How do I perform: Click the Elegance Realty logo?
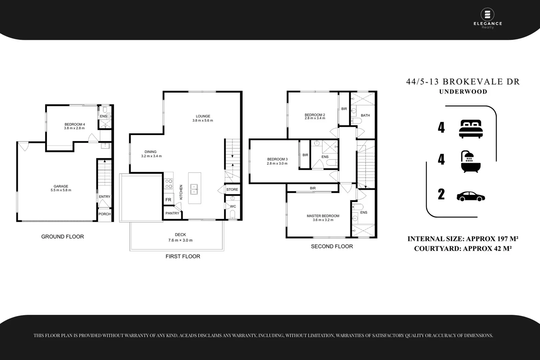[x=488, y=18]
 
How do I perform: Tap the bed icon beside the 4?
[x=470, y=129]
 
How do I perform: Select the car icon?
[x=470, y=196]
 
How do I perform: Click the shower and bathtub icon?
[x=470, y=162]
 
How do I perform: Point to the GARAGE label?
[x=61, y=188]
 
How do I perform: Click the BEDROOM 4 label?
[x=75, y=126]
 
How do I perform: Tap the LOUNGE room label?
[x=203, y=118]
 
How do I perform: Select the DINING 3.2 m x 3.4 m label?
[x=151, y=154]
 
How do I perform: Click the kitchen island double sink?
[x=194, y=189]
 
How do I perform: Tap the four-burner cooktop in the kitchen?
[x=169, y=184]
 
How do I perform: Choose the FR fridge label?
[x=168, y=200]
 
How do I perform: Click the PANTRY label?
[x=172, y=213]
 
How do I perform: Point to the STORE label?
[x=232, y=189]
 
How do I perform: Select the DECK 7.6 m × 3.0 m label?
[x=180, y=237]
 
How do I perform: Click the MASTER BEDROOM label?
[x=323, y=218]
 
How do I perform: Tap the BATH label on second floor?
[x=365, y=115]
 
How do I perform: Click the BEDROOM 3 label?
[x=277, y=161]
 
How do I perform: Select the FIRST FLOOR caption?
[x=183, y=256]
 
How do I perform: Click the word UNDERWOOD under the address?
[x=463, y=92]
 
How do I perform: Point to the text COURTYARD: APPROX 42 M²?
[x=463, y=248]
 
